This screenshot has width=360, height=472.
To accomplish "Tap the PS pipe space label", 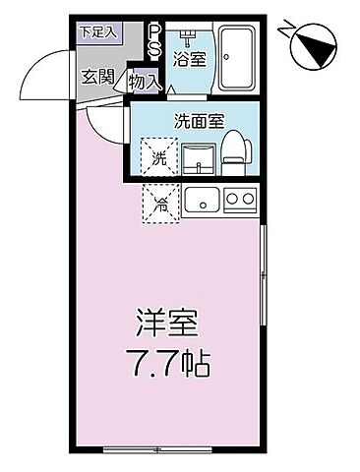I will (153, 41).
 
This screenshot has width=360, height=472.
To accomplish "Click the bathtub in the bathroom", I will (236, 57).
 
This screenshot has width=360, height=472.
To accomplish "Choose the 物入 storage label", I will (147, 82).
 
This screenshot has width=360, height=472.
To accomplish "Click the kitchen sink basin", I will (201, 201).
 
